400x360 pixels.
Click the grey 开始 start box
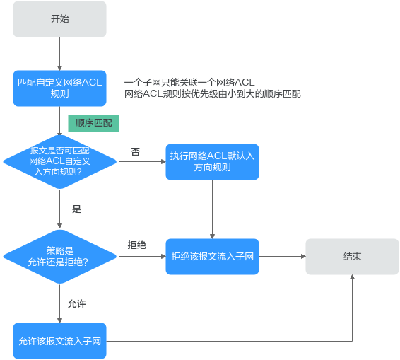[x=59, y=19]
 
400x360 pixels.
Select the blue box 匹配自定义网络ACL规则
[x=59, y=88]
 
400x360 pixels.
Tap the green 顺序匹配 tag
[x=93, y=123]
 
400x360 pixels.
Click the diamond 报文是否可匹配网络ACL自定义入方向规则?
[x=59, y=162]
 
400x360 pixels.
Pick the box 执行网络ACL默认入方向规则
[x=212, y=162]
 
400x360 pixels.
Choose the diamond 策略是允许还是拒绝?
[x=59, y=257]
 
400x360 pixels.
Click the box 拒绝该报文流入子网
[x=212, y=257]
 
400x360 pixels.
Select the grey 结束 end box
[x=352, y=257]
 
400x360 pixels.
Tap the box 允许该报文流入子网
[x=59, y=341]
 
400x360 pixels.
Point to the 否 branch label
[x=136, y=151]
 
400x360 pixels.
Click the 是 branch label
[x=76, y=209]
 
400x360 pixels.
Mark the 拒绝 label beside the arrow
[x=136, y=245]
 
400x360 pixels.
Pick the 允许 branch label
[x=77, y=304]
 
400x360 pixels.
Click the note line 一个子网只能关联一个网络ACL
[x=189, y=82]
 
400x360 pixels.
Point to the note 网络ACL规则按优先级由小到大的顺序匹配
[x=213, y=93]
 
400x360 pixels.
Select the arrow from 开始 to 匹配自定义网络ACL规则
[x=59, y=54]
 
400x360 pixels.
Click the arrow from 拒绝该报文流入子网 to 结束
[x=283, y=256]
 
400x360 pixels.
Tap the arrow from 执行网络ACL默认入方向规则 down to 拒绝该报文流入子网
[x=212, y=209]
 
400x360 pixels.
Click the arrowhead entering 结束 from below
[x=352, y=277]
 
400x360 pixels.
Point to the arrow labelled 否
[x=142, y=161]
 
